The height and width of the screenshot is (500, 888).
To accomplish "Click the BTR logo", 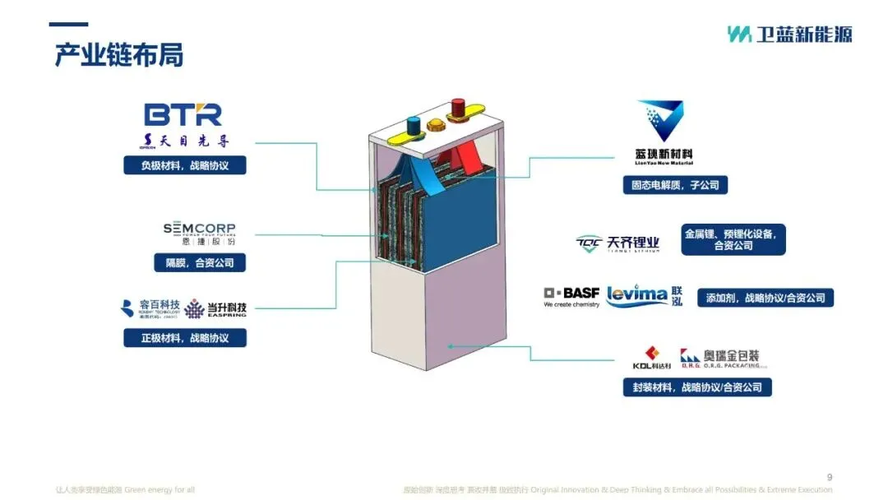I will [x=183, y=114].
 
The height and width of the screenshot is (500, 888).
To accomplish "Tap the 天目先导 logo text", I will [x=185, y=141].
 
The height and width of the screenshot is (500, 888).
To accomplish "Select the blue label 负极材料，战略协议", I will [x=185, y=165].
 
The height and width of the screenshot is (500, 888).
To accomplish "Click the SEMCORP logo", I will [x=199, y=229].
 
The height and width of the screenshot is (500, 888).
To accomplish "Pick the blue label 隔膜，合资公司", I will [x=200, y=263].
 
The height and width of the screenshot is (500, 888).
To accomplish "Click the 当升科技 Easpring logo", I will [x=215, y=309].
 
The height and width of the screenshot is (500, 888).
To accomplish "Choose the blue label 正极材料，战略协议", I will [x=185, y=338].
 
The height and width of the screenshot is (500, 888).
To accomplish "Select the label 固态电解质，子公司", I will [x=674, y=186].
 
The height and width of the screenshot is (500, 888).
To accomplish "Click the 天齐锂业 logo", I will [x=617, y=244].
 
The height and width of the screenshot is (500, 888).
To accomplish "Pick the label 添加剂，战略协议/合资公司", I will [x=765, y=298].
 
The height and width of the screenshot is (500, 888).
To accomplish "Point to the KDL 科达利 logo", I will [x=652, y=358].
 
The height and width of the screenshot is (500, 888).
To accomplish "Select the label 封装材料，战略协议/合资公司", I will [x=697, y=387].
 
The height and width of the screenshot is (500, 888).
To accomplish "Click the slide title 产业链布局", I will [x=118, y=55].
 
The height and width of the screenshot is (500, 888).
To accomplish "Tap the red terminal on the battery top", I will [x=458, y=108].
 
